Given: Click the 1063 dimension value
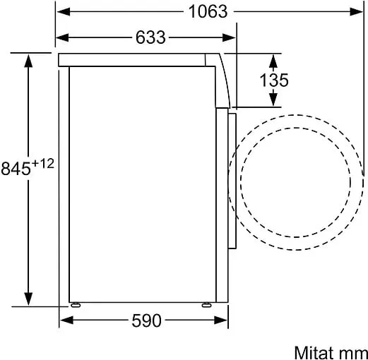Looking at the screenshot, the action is coord(208,11).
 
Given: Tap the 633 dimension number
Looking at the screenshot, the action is coord(150,37).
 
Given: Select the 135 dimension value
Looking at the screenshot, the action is coord(274,80).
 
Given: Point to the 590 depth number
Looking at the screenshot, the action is coord(146,320).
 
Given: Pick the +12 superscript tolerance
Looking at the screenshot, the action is coord(43,164).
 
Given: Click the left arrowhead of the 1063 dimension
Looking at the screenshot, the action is coord(64,11).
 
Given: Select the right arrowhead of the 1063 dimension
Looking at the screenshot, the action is coord(357,11).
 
